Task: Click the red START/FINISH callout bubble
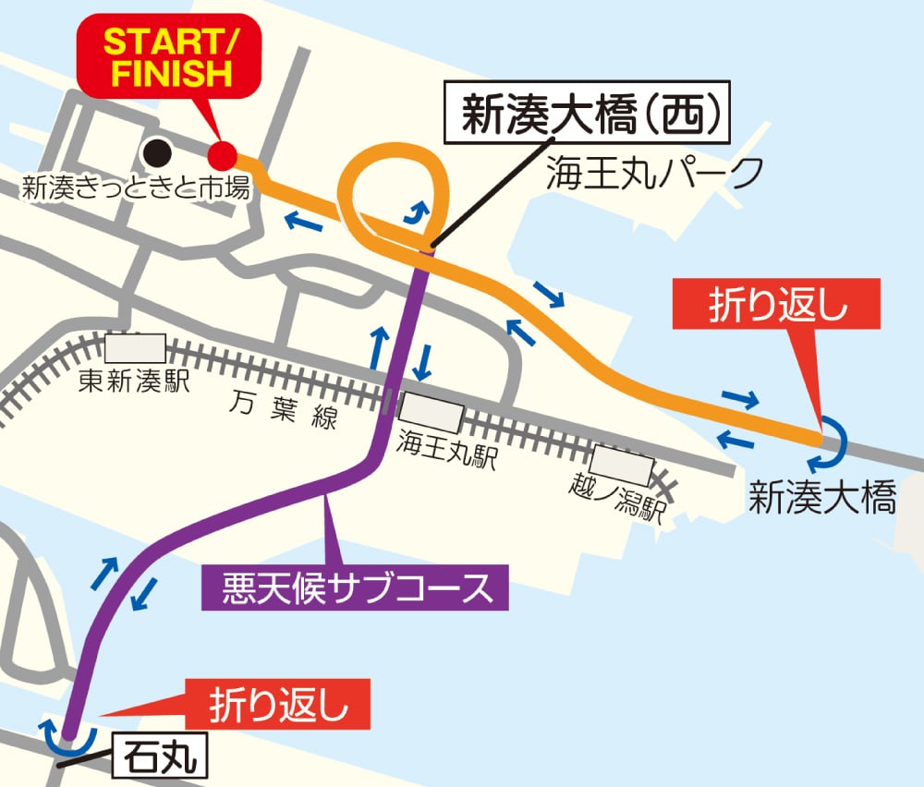pyautogui.click(x=168, y=57)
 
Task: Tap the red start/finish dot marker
pyautogui.click(x=222, y=154)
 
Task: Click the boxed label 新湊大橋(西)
pyautogui.click(x=590, y=118)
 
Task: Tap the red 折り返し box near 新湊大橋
pyautogui.click(x=778, y=306)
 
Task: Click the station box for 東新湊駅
pyautogui.click(x=135, y=349)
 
